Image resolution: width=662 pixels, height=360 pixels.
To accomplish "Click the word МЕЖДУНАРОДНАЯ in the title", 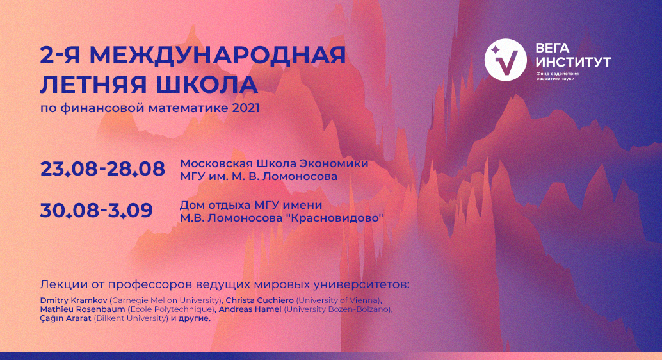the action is pos(218,55).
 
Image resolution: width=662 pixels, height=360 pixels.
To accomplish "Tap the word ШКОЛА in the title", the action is pos(207,85).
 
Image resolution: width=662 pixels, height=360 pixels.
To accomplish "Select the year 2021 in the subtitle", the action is pos(246,108).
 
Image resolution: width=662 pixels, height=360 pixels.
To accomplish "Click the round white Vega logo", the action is pos(505,60).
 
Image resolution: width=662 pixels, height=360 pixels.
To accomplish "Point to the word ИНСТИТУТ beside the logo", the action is pos(573,62).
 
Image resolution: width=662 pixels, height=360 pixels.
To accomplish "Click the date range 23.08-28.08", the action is pos(102,169).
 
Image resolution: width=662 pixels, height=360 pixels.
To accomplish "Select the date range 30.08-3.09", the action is pos(97,210).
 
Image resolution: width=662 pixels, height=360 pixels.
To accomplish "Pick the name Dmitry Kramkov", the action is pos(74,300).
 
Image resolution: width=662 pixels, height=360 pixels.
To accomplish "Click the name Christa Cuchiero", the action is pos(260,300).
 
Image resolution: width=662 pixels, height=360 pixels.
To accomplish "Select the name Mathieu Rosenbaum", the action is pos(83,309).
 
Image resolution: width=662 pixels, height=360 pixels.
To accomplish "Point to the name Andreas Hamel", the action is pos(250,309).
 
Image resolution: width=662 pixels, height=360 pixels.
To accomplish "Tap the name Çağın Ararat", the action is pos(65,318).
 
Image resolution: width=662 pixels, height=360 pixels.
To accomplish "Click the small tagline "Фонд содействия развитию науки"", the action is pos(557,76).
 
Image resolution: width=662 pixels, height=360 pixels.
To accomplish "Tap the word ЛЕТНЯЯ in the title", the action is pos(95,85).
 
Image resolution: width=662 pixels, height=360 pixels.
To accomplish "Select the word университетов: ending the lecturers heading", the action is pos(361,284).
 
